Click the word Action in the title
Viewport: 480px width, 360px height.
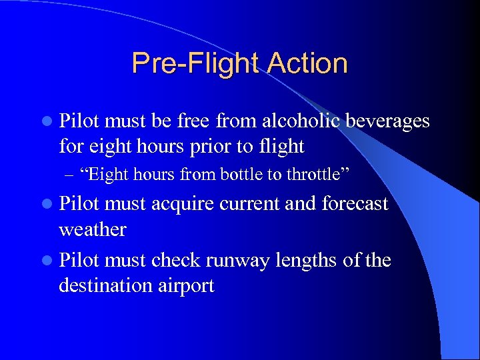point(307,64)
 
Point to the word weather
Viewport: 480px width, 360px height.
point(92,229)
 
